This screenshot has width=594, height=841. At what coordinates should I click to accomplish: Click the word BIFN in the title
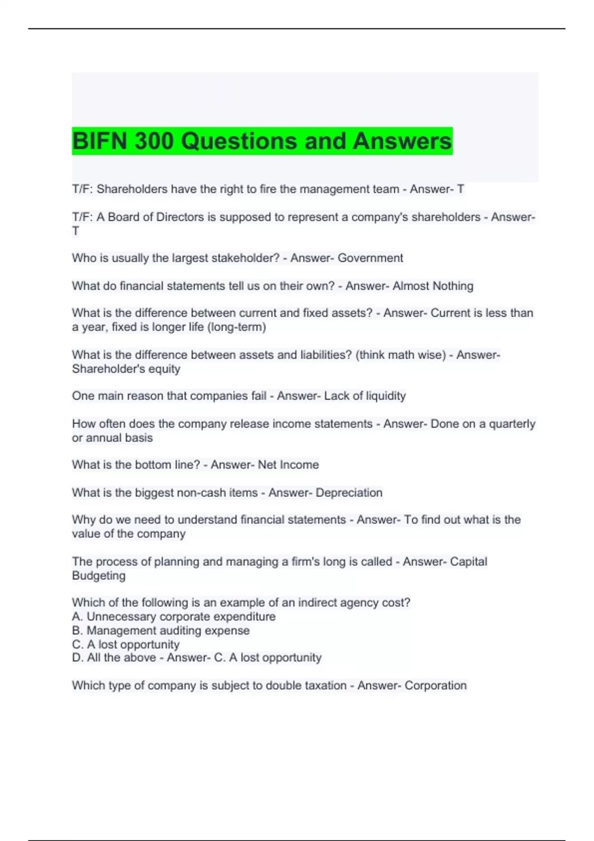(x=100, y=141)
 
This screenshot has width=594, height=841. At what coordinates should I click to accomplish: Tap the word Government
(x=370, y=258)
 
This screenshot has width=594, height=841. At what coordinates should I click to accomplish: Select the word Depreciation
(x=349, y=493)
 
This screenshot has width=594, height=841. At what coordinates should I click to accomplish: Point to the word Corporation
(x=436, y=686)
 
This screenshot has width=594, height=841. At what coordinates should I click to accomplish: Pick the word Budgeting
(x=99, y=576)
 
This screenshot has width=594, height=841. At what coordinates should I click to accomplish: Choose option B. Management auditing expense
(x=161, y=631)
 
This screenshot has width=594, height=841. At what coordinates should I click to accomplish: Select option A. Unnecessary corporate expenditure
(x=174, y=617)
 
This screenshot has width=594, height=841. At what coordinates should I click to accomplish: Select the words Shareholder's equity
(x=126, y=369)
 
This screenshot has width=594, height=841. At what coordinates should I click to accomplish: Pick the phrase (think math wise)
(x=400, y=355)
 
